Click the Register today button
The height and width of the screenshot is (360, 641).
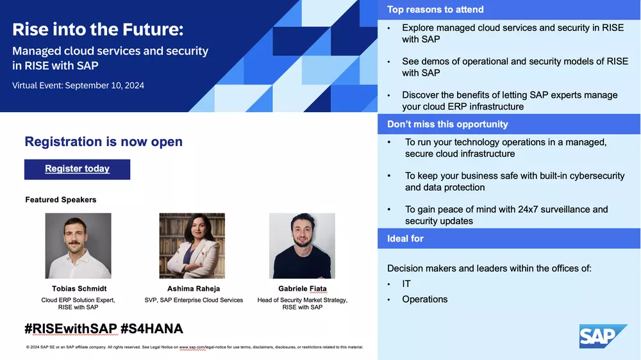coord(78,169)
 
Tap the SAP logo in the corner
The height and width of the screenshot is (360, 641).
coord(603,336)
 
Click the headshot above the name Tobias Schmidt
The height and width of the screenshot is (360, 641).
coord(78,245)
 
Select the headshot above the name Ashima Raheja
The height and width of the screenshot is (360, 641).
coord(192,245)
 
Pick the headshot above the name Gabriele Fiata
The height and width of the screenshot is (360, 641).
coord(302,245)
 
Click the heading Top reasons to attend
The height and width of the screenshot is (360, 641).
coord(435,10)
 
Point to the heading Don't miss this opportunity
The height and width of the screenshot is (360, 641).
coord(447,124)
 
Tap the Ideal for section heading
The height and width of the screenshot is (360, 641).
coord(405,239)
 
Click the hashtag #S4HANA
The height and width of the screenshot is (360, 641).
coord(152,329)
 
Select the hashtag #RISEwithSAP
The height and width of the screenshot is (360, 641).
coord(71,329)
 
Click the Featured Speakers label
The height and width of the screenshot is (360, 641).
coord(61,200)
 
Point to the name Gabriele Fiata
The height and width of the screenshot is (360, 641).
coord(303,288)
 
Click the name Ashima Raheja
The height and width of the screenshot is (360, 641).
coord(194,288)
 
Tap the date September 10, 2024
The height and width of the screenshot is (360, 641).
coord(104,85)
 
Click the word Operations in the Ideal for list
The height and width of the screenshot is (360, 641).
coord(425,299)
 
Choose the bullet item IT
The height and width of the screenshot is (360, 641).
coord(406,284)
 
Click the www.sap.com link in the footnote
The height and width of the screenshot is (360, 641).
coord(192,347)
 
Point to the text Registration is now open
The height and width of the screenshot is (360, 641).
coord(103,142)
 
